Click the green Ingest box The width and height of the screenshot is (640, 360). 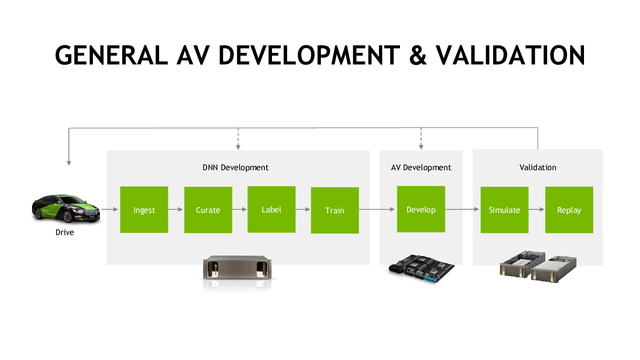tap(144, 209)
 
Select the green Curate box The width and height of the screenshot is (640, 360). tap(208, 210)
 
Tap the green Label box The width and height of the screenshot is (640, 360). tap(272, 209)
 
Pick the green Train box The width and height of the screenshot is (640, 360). tap(335, 210)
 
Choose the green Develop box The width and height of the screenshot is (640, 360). tap(421, 209)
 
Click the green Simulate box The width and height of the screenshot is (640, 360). tap(504, 210)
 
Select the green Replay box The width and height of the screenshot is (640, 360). tap(569, 210)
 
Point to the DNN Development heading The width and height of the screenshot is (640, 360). tap(236, 168)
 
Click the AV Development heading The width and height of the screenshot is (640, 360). tap(421, 168)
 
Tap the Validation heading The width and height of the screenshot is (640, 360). tap(538, 168)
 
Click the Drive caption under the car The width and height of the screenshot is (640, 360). tap(64, 232)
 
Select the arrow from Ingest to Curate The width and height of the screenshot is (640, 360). tap(176, 209)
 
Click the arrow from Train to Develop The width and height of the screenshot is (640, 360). tap(377, 209)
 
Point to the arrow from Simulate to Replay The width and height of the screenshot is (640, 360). tap(536, 209)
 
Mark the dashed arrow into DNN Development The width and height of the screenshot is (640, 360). tap(238, 139)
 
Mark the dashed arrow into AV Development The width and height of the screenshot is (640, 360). tap(421, 139)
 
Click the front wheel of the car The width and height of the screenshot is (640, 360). tap(68, 217)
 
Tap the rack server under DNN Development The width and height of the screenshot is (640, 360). tap(237, 268)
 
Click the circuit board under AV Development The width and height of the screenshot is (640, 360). tap(422, 269)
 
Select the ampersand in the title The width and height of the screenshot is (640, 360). tap(418, 55)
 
